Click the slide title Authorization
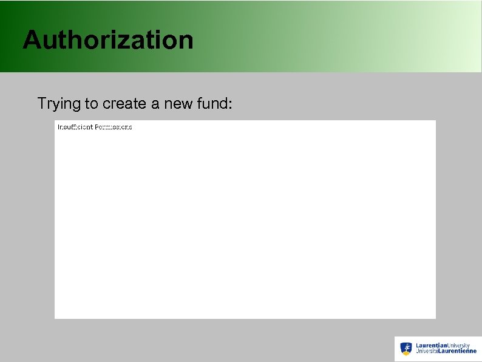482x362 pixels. pos(108,40)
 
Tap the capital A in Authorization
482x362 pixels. pos(32,40)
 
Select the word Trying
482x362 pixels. pos(59,104)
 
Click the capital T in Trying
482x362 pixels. pos(41,103)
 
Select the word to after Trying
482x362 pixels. pos(92,104)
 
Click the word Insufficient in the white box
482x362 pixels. pos(75,127)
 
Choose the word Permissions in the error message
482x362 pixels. pos(114,127)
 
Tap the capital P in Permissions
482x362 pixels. pos(97,127)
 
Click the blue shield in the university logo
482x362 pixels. pos(406,348)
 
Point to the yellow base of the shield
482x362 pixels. pos(406,353)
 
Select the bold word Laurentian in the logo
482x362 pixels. pos(431,346)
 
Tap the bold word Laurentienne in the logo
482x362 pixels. pos(457,352)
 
